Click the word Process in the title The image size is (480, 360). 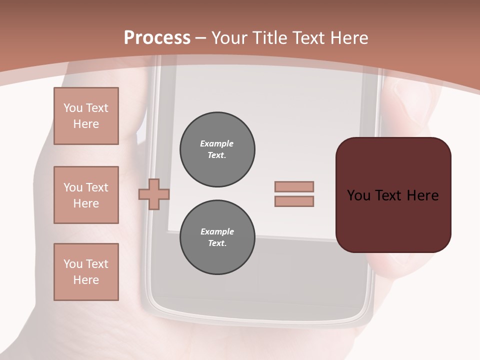pos(157,38)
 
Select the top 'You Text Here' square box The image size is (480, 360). pos(86,116)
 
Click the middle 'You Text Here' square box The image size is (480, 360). pos(86,195)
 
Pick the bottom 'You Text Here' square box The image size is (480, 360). pos(86,272)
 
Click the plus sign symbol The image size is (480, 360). pos(154,194)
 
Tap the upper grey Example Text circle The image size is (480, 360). pos(217,149)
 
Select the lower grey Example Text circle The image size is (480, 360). pos(217,237)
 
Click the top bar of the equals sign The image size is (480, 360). pos(294,186)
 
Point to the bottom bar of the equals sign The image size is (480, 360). pos(294,201)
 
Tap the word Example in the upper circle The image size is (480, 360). pos(217,143)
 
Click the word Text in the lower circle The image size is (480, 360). pos(217,243)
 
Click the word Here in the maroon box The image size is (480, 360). pos(422,195)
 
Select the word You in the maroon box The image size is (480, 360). pos(359,195)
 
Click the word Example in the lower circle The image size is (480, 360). pos(217,231)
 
